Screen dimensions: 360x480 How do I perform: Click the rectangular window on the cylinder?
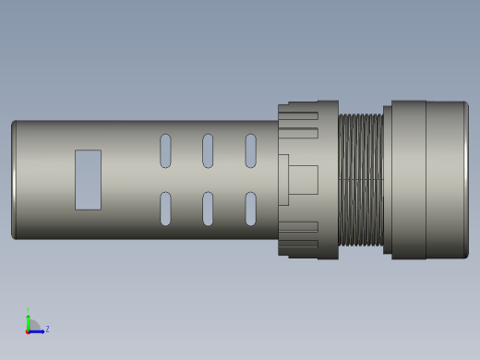(x=88, y=179)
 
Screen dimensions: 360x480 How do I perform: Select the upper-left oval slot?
(x=165, y=150)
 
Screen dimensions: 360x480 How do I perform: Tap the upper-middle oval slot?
(x=208, y=150)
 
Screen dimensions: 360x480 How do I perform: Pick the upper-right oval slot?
(x=250, y=150)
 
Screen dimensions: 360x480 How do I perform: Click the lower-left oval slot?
(x=165, y=209)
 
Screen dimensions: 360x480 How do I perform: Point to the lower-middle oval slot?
(x=208, y=209)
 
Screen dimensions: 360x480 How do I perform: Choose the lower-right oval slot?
(x=250, y=209)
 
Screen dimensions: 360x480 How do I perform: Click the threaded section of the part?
(x=360, y=179)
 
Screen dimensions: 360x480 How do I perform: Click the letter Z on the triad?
(x=47, y=329)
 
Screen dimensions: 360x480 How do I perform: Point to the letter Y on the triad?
(x=28, y=310)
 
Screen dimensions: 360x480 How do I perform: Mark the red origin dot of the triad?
(x=28, y=330)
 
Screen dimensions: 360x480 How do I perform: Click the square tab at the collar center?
(x=303, y=179)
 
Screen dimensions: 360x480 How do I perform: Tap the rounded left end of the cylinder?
(x=14, y=179)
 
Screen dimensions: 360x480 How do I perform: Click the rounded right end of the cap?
(x=465, y=179)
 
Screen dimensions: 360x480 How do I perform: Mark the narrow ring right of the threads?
(x=388, y=179)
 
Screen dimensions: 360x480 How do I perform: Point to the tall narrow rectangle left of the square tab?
(x=283, y=179)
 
